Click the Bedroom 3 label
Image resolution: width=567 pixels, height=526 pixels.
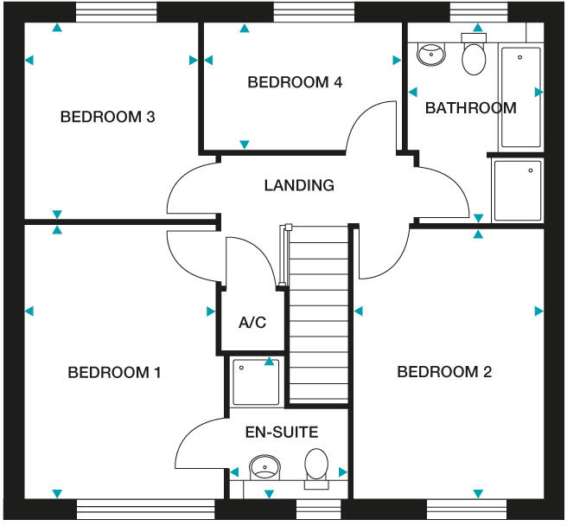[x=107, y=117]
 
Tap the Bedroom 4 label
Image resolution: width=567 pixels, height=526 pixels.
[x=295, y=83]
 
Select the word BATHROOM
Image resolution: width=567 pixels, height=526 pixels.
[x=470, y=108]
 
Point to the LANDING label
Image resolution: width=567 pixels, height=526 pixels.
[x=299, y=185]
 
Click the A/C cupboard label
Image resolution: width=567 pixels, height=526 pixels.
[x=252, y=323]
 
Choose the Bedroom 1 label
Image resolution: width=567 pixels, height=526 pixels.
[x=114, y=373]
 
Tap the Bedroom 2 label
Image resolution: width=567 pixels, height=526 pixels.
[x=444, y=372]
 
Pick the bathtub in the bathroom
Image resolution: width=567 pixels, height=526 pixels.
[x=520, y=96]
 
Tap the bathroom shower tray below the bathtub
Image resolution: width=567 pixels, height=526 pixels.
[x=517, y=189]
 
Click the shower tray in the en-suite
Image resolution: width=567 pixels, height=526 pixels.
[x=256, y=382]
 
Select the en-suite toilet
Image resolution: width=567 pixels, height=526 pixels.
[x=316, y=465]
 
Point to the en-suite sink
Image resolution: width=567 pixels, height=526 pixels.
[x=264, y=469]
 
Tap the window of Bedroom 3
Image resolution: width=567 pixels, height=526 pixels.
[x=116, y=12]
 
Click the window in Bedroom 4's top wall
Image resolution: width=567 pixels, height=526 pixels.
[x=314, y=12]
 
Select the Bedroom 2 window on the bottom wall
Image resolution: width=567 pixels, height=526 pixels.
[x=468, y=510]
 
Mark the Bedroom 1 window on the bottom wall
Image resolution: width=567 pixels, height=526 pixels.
[x=144, y=510]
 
